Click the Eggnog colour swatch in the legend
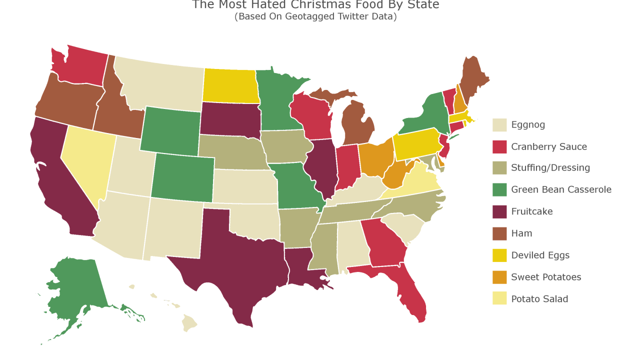(499, 125)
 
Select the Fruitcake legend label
(531, 211)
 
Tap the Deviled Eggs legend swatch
(499, 255)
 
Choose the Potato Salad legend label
(539, 299)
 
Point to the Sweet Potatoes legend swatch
(499, 277)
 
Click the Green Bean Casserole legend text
(561, 189)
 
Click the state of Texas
(235, 260)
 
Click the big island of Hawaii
(189, 323)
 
